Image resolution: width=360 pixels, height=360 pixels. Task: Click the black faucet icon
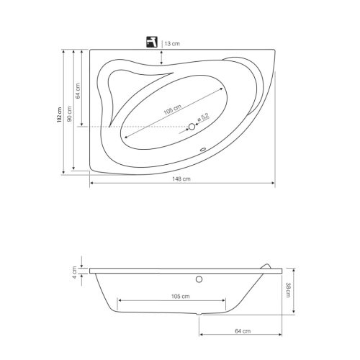point(152,42)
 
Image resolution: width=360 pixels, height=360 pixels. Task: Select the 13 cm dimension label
point(172,44)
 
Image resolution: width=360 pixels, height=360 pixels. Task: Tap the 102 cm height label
point(60,115)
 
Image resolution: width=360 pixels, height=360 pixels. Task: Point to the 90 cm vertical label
point(69,115)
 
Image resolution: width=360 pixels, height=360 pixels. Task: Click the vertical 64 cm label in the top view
point(78,91)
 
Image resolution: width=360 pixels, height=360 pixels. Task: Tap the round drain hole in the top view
point(192,127)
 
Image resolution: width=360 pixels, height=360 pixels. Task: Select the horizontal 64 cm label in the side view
point(241,330)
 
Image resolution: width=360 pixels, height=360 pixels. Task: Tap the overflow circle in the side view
point(199,278)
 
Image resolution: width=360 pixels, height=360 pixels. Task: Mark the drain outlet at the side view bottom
point(199,315)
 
